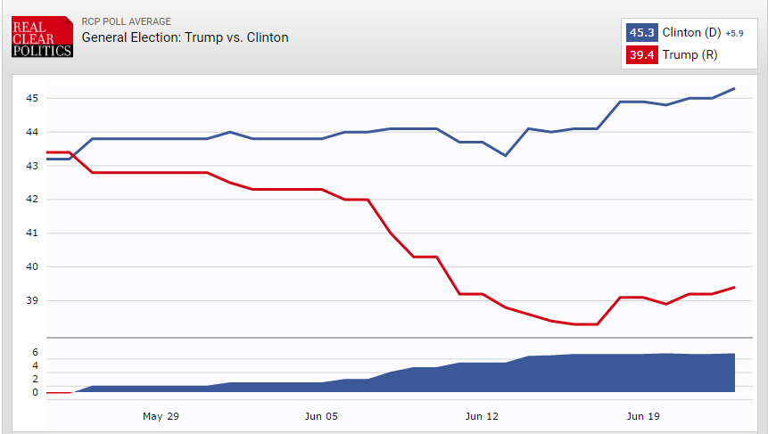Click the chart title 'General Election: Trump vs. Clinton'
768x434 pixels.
tap(185, 37)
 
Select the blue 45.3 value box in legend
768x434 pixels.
tap(641, 33)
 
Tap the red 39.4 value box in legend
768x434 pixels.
tap(641, 55)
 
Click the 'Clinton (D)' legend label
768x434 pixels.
tap(691, 33)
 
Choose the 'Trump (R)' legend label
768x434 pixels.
tap(690, 55)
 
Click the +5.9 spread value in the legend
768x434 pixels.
tap(734, 34)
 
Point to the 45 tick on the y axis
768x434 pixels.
tap(32, 98)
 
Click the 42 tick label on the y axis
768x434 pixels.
tap(32, 200)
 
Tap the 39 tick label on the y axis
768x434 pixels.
tap(32, 301)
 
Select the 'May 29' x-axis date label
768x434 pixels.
tap(161, 416)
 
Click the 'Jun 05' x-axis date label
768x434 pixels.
tap(322, 416)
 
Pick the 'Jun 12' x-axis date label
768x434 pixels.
tap(483, 416)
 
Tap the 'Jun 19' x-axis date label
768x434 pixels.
tap(643, 416)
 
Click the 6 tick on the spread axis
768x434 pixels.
tap(35, 353)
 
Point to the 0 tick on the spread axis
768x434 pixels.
tap(35, 392)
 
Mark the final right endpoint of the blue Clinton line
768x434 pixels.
tap(734, 88)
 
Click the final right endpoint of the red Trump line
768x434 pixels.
tap(734, 287)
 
